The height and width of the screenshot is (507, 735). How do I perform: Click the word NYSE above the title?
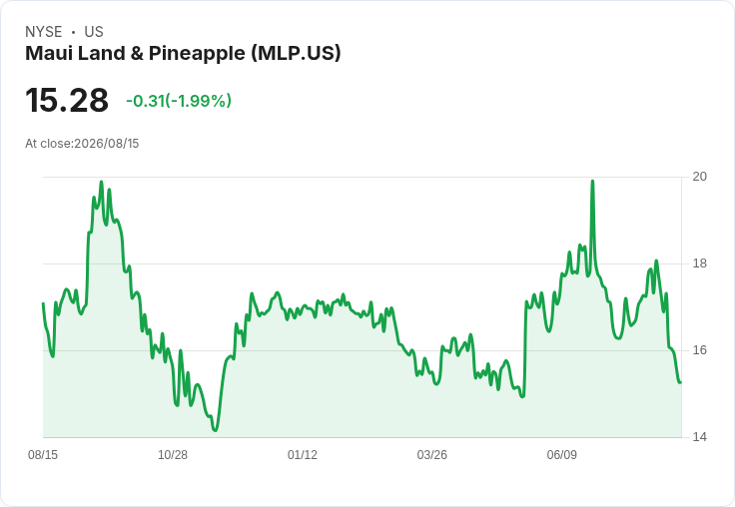(x=44, y=32)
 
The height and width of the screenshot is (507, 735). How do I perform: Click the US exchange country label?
(x=94, y=32)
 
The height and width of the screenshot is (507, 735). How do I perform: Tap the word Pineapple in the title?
(x=197, y=54)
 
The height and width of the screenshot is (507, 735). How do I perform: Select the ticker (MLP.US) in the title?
(x=296, y=53)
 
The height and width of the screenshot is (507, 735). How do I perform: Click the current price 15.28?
(x=67, y=100)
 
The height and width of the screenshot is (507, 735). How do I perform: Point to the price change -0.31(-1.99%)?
(x=179, y=101)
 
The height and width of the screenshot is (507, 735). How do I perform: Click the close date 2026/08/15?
(x=107, y=144)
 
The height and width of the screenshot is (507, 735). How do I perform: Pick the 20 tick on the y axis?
(x=699, y=177)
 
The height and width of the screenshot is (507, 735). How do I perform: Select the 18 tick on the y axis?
(x=699, y=263)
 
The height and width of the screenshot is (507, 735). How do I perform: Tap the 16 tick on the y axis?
(x=699, y=350)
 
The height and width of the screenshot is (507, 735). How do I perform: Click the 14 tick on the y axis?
(x=699, y=437)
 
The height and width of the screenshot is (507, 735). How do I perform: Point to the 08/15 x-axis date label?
(x=43, y=454)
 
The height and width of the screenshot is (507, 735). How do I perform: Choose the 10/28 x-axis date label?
(x=173, y=454)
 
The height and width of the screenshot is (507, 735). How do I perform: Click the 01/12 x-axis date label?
(x=303, y=454)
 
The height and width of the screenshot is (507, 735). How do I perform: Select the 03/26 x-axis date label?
(x=431, y=454)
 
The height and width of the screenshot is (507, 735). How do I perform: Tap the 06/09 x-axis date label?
(x=561, y=454)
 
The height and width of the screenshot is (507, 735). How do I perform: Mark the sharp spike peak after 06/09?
(x=592, y=181)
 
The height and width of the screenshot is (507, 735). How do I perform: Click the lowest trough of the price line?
(x=215, y=430)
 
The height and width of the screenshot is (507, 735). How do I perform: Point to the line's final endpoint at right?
(x=680, y=382)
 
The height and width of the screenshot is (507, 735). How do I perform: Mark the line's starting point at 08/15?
(x=43, y=303)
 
